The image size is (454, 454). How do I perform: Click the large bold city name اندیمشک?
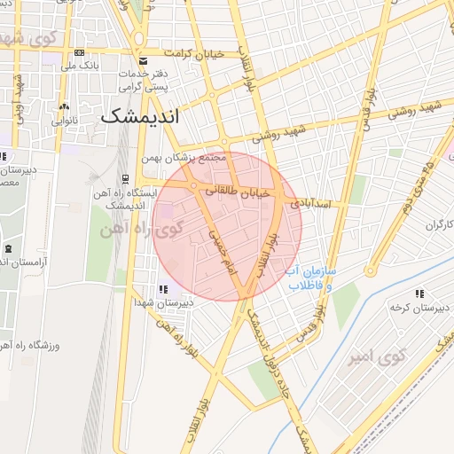coord(139,116)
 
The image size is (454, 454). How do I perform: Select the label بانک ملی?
coord(80,66)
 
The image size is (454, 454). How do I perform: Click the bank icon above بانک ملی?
coord(80,52)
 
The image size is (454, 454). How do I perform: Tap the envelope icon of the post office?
coord(143,60)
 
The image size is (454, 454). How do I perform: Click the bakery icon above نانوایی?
coord(61,106)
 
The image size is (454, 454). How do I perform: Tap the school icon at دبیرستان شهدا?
coord(162,288)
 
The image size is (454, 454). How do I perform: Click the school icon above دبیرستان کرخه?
coord(419,293)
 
